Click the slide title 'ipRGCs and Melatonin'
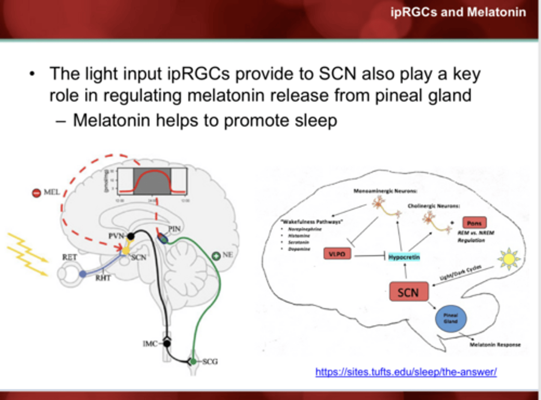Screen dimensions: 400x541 (x=458, y=12)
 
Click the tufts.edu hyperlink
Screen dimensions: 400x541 (x=406, y=372)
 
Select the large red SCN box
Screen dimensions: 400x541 (x=408, y=292)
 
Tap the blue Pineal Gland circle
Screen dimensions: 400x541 (x=450, y=318)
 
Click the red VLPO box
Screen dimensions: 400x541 (x=337, y=254)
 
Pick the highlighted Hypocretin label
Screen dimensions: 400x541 (x=404, y=257)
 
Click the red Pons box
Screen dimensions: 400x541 (x=474, y=223)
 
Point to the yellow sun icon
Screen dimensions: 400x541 (x=509, y=258)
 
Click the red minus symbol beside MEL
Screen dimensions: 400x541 (x=36, y=193)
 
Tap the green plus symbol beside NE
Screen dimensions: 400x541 (x=216, y=256)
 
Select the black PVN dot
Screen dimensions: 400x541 (x=130, y=236)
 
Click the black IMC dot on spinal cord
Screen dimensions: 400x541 (x=167, y=343)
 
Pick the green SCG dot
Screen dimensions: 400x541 (x=193, y=361)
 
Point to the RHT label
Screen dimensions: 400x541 (x=103, y=278)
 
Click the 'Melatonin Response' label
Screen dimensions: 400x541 (x=495, y=344)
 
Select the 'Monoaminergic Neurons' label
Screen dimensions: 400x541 (x=385, y=191)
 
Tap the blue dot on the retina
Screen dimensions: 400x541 (x=83, y=274)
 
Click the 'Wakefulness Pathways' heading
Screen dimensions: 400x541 (x=311, y=222)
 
